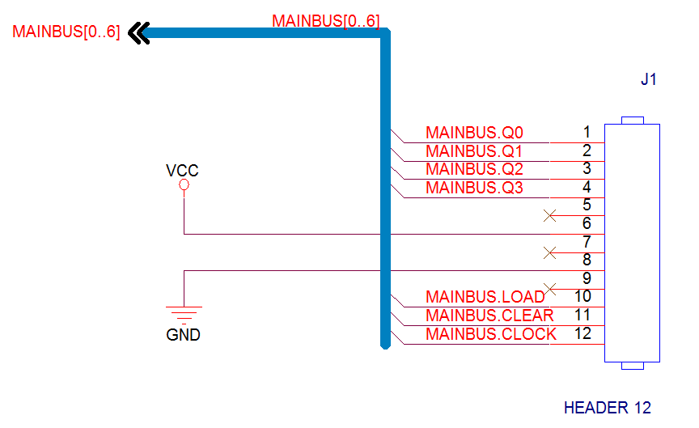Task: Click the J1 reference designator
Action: click(x=649, y=79)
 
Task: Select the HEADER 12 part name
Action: click(x=607, y=408)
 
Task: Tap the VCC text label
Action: click(x=182, y=170)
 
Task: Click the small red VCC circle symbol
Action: click(x=184, y=184)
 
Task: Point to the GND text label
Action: click(x=183, y=335)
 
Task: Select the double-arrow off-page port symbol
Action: click(x=138, y=33)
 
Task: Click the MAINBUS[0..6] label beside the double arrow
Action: click(x=66, y=32)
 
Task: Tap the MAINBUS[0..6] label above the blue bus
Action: click(x=326, y=21)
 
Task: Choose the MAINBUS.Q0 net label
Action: click(x=474, y=133)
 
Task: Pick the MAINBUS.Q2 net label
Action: click(x=474, y=169)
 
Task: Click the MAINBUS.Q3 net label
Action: click(x=474, y=188)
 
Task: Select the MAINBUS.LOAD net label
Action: click(x=485, y=297)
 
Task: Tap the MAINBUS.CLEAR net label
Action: click(x=489, y=316)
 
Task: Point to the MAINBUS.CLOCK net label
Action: click(x=491, y=334)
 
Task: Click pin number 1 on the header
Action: click(x=587, y=132)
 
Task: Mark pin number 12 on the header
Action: click(x=582, y=333)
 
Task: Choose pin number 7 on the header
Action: click(x=587, y=242)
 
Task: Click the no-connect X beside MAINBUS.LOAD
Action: click(x=550, y=289)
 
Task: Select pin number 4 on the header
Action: click(x=587, y=187)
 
